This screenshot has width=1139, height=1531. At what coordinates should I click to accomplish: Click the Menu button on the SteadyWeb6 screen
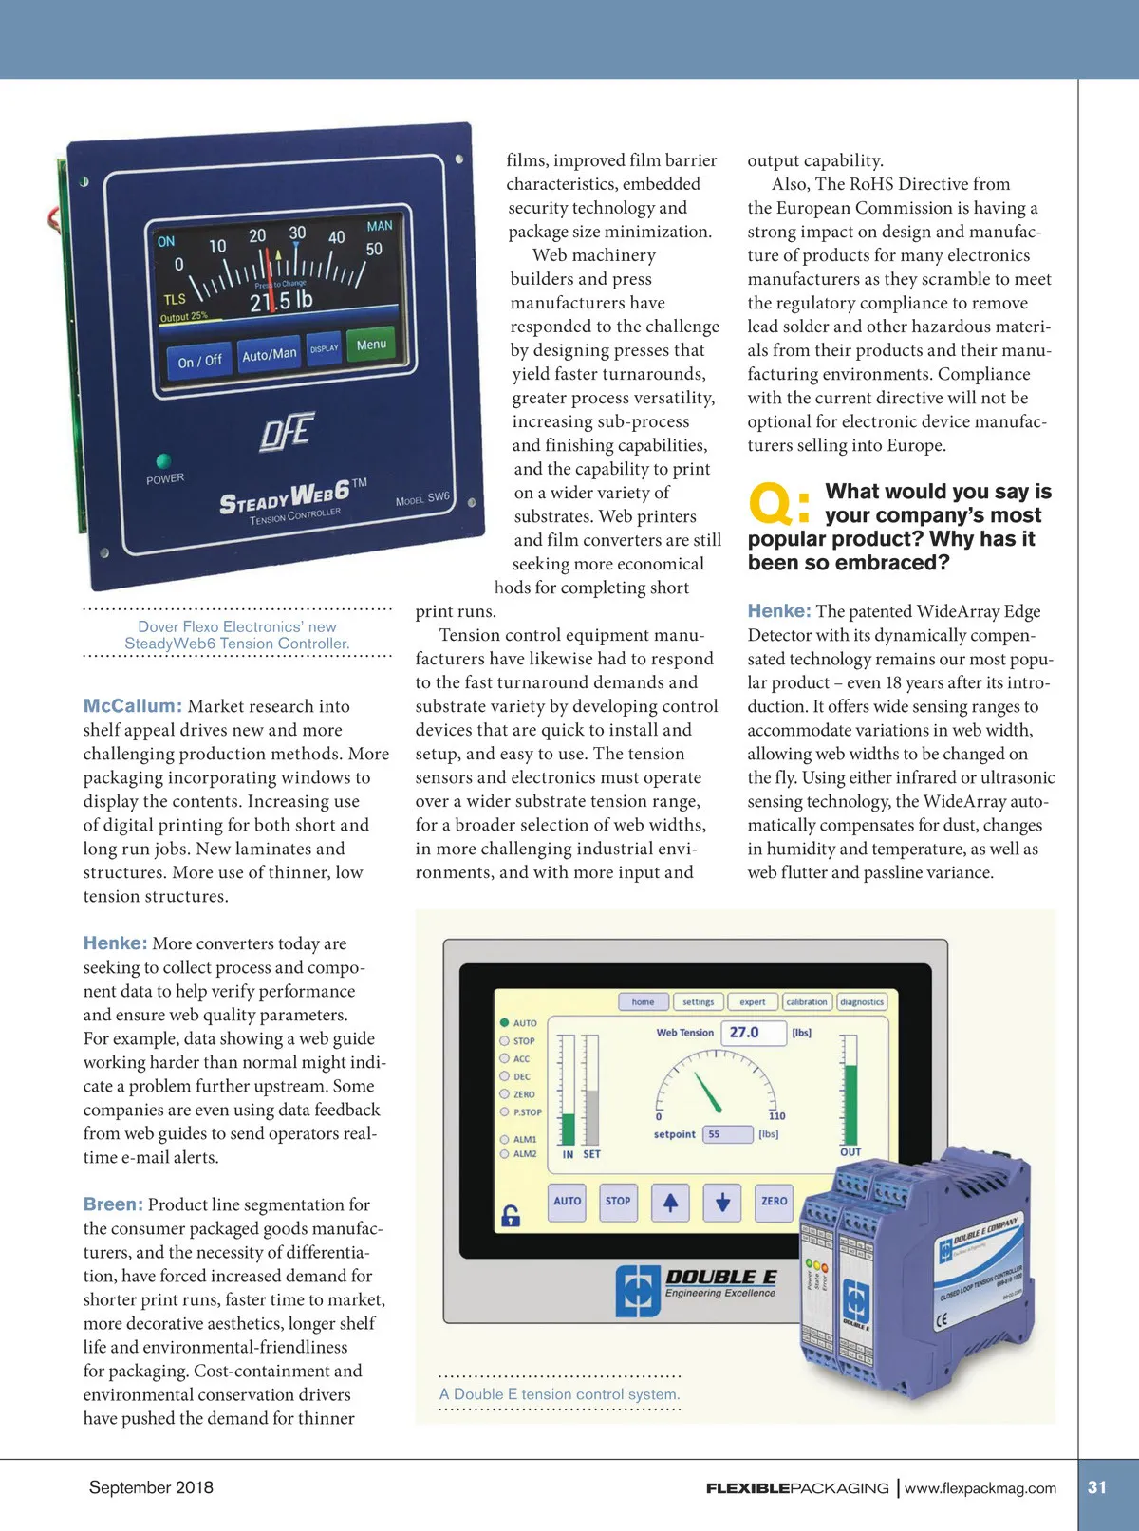point(371,345)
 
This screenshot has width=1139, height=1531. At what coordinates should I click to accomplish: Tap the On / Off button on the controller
point(199,361)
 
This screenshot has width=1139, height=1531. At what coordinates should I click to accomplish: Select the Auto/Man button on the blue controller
point(269,354)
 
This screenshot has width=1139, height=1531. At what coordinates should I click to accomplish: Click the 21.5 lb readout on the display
point(281,301)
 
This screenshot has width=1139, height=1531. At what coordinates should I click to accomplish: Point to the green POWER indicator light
point(163,461)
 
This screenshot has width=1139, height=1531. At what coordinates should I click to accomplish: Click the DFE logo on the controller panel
point(286,432)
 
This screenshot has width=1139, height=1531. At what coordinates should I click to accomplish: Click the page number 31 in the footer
point(1097,1487)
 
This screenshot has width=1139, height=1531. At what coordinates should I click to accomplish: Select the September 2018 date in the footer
point(151,1487)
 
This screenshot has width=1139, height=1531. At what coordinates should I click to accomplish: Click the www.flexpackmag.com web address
point(980,1488)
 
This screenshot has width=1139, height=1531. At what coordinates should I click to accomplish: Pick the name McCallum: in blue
point(132,706)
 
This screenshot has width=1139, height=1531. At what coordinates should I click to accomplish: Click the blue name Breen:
point(113,1204)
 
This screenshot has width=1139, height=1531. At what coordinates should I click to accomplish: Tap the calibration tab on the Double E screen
point(807,1001)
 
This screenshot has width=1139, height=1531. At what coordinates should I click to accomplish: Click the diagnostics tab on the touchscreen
point(862,1001)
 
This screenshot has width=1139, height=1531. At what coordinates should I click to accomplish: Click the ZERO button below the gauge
point(774,1201)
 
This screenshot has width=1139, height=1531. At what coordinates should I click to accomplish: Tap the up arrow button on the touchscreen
point(670,1202)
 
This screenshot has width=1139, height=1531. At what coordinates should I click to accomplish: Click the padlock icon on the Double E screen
point(511,1215)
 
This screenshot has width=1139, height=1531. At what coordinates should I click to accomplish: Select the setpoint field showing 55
point(727,1134)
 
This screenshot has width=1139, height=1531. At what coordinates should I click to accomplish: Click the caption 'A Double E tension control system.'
point(559,1394)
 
